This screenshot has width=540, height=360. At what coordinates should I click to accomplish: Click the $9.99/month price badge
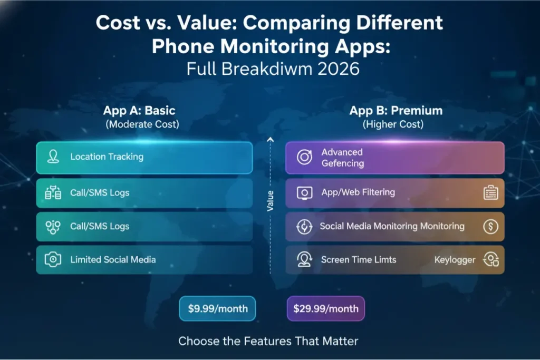click(x=217, y=308)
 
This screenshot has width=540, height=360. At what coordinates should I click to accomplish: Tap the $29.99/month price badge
click(x=325, y=308)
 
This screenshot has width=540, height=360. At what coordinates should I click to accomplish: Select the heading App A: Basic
click(x=139, y=111)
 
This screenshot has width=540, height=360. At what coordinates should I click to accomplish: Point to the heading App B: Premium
click(x=396, y=111)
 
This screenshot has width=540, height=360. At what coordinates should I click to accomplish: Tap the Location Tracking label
click(x=107, y=157)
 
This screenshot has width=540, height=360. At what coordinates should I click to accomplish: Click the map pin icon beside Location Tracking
click(x=53, y=157)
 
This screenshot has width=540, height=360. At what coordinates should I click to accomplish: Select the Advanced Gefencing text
click(x=343, y=158)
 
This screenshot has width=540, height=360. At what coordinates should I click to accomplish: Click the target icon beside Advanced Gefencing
click(x=304, y=158)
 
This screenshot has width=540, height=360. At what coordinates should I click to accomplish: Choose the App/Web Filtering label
click(x=358, y=192)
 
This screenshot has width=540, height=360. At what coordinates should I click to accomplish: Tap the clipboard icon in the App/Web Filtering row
click(x=490, y=193)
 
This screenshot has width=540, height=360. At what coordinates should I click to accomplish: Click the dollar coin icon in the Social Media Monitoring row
click(x=490, y=227)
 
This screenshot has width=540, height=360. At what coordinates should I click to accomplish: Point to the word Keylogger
click(x=455, y=259)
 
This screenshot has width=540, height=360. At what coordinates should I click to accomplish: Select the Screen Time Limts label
click(x=359, y=259)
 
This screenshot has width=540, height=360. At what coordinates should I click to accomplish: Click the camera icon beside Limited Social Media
click(x=53, y=259)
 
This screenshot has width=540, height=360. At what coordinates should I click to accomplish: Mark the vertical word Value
click(x=270, y=201)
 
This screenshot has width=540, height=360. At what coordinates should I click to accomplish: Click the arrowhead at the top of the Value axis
click(x=270, y=140)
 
